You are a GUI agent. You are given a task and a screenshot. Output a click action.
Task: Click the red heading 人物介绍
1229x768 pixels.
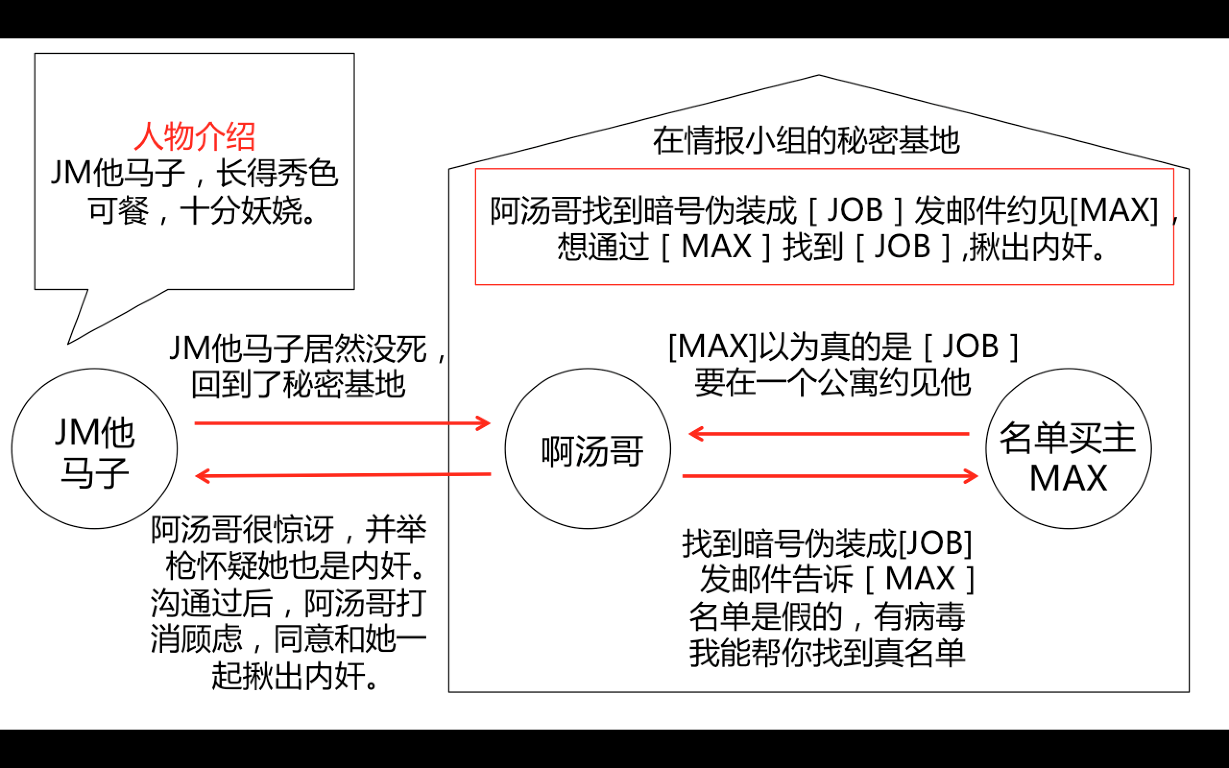[194, 137]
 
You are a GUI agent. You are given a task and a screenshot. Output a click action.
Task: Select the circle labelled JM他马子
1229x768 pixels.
[95, 449]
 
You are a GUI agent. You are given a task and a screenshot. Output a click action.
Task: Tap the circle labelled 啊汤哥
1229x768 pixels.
[588, 449]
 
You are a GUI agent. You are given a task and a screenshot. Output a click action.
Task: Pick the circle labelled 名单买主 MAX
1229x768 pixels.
[1069, 449]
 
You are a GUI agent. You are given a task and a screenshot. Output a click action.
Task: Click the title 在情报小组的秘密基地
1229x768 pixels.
[806, 141]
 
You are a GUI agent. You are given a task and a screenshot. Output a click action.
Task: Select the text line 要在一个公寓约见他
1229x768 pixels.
[832, 383]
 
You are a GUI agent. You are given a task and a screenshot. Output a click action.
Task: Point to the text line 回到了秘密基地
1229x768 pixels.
[298, 385]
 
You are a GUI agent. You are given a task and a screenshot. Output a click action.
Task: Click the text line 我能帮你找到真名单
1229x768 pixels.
[827, 653]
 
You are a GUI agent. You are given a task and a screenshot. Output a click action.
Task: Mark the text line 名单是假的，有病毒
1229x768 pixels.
[827, 617]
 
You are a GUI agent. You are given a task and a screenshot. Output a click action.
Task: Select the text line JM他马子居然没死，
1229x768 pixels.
[308, 349]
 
